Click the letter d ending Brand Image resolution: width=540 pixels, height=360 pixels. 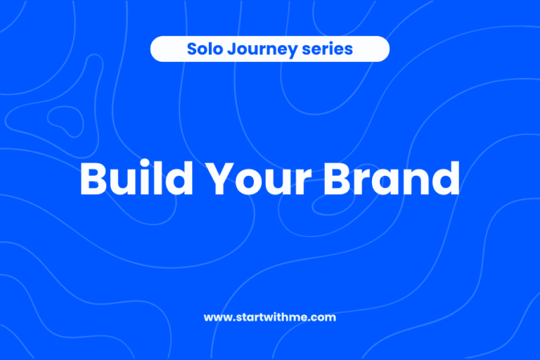[x=445, y=179]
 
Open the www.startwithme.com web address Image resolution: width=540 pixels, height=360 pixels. [x=270, y=317]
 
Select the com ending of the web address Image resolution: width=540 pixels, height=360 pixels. [x=325, y=318]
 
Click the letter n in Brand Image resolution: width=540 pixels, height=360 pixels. [x=415, y=183]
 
